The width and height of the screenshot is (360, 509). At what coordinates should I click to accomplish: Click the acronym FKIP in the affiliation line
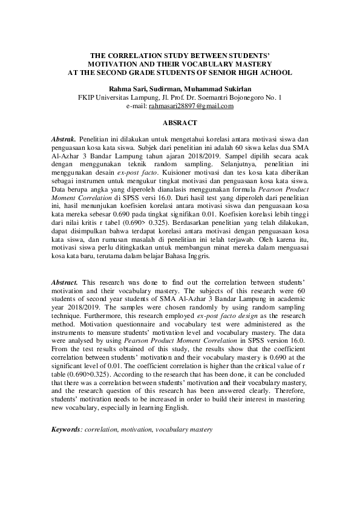point(88,97)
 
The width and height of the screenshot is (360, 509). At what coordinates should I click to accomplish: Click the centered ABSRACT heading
point(180,123)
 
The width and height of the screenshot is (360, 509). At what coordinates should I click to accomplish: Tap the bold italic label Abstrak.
point(64,138)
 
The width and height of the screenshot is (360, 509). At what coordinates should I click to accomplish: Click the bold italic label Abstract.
point(64,282)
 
